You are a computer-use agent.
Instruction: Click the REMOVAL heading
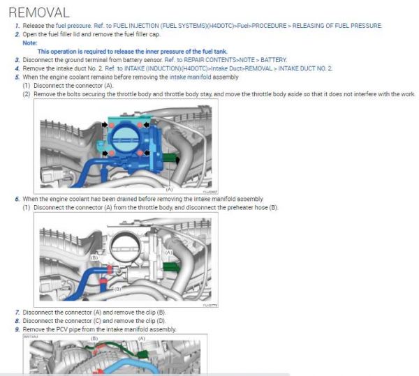click(x=39, y=12)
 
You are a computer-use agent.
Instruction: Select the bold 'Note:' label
click(x=29, y=43)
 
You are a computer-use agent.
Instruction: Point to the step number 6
click(x=17, y=199)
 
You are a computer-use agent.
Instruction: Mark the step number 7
click(x=17, y=312)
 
